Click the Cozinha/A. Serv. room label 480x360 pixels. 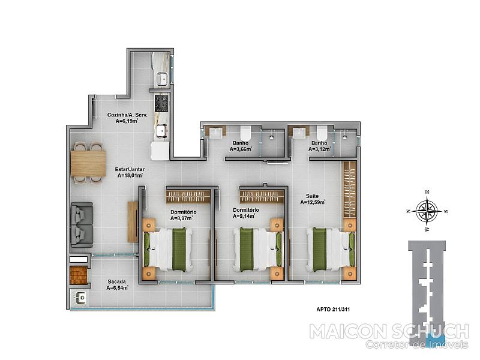127,115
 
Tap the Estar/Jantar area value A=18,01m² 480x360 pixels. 130,176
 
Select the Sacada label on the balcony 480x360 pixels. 116,281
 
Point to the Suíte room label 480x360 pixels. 312,196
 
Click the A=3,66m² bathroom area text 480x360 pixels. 241,149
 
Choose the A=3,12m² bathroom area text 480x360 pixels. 320,149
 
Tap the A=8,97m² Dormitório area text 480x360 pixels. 182,218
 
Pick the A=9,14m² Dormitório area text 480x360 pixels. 244,216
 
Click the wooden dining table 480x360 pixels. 88,163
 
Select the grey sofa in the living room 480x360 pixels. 82,224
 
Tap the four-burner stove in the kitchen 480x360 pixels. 161,103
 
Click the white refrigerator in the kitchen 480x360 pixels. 160,151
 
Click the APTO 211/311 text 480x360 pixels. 333,309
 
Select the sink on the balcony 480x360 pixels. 81,298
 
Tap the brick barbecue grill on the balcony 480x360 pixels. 79,275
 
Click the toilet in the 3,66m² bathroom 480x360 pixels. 245,133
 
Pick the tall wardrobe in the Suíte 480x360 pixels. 350,189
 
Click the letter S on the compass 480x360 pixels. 446,211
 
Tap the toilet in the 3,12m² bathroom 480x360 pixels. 322,133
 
